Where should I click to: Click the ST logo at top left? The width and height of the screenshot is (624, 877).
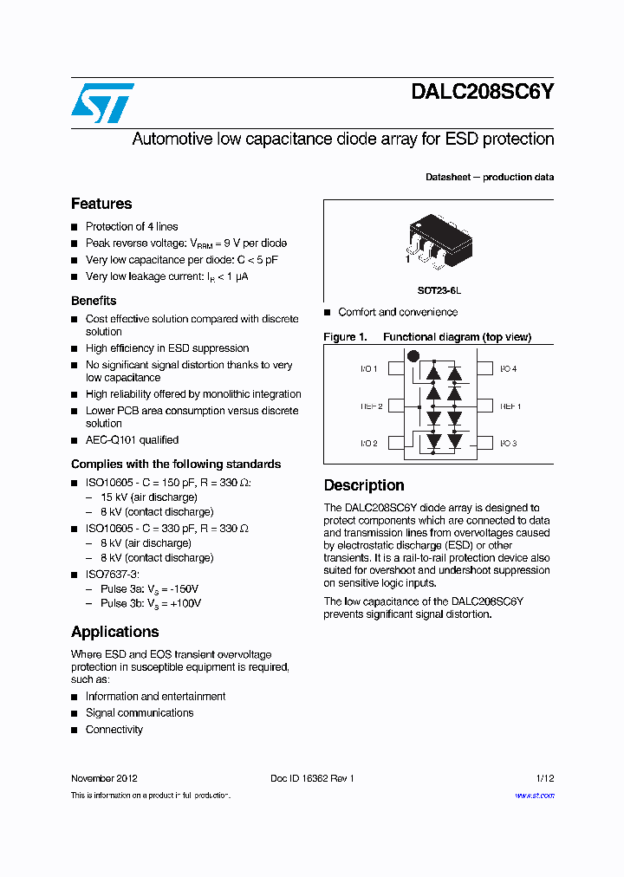click(x=102, y=103)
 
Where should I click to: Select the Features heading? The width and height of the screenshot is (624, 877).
click(x=101, y=204)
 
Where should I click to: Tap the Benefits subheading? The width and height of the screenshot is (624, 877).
click(x=94, y=301)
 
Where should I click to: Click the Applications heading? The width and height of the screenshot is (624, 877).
click(x=114, y=632)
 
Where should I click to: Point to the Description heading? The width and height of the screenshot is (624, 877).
click(x=364, y=485)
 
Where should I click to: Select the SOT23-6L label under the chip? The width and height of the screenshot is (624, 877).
click(x=439, y=290)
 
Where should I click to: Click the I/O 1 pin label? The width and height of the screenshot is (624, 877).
click(x=369, y=369)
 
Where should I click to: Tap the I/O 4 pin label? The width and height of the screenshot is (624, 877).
click(x=508, y=369)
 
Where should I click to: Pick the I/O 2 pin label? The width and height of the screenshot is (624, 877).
click(x=369, y=443)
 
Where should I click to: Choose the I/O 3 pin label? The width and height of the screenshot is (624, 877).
click(x=508, y=443)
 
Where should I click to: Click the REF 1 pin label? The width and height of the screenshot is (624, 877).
click(x=510, y=406)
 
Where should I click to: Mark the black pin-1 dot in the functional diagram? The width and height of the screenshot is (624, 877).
click(x=413, y=355)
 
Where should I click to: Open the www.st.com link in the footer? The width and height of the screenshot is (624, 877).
click(x=534, y=796)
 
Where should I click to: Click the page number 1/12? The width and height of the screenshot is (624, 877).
click(x=544, y=778)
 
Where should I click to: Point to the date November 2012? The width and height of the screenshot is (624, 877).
click(x=104, y=778)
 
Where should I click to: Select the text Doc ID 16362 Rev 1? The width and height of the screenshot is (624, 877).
click(x=312, y=778)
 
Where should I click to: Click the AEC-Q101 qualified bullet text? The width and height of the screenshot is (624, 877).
click(x=132, y=440)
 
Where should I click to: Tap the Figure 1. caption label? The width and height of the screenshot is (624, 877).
click(x=345, y=337)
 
